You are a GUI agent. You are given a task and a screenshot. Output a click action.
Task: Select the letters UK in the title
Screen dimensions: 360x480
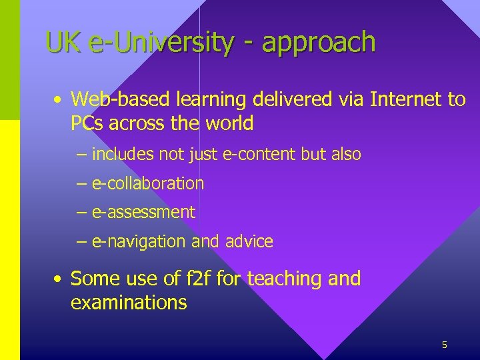(x=63, y=43)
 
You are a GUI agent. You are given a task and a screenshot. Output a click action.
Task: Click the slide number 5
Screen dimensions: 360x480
(x=444, y=345)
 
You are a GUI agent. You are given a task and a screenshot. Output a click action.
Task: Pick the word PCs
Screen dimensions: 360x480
(x=89, y=123)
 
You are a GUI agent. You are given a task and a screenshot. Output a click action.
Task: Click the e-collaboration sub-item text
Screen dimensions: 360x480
(x=148, y=183)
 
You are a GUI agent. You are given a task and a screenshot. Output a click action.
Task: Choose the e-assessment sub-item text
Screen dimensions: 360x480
(x=143, y=213)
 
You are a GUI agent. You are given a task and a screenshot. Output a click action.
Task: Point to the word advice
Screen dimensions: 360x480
(x=250, y=241)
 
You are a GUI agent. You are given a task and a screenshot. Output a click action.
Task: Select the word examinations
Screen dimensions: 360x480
(x=129, y=303)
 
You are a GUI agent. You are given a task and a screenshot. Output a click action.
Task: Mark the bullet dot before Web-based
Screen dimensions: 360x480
(x=59, y=101)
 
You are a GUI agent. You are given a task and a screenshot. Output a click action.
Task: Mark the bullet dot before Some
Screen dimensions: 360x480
(x=59, y=279)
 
